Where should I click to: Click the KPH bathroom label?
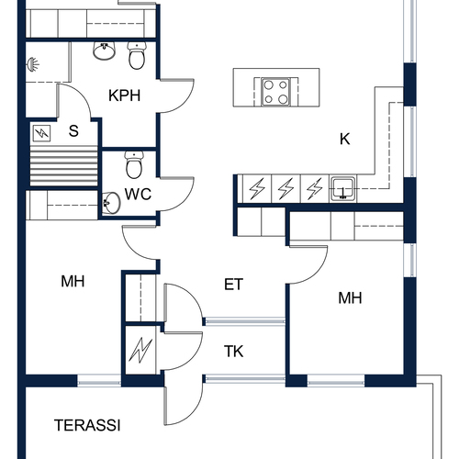click(124, 95)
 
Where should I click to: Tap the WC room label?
click(138, 194)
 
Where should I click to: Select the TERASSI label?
click(87, 425)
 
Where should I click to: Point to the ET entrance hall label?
click(233, 285)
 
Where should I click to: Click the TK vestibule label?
click(233, 352)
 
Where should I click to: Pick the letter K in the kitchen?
click(345, 139)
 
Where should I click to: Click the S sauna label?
click(73, 131)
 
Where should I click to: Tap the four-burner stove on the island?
click(275, 92)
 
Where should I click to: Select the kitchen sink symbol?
click(343, 189)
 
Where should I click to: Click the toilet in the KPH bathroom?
click(137, 55)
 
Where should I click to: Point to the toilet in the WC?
click(134, 164)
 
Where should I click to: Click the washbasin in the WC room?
click(111, 203)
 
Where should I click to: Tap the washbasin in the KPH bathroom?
click(104, 50)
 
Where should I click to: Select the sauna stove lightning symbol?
click(41, 133)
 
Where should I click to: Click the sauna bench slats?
click(63, 166)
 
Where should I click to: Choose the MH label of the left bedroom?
click(73, 281)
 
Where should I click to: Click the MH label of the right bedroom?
click(350, 297)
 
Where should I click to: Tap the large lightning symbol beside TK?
click(140, 350)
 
